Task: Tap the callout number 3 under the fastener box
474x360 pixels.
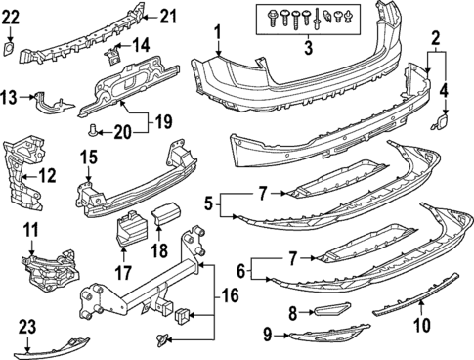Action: click(x=310, y=48)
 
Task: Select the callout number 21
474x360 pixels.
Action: click(x=168, y=15)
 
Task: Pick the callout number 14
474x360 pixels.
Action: click(x=141, y=44)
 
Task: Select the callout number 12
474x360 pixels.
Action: click(x=47, y=176)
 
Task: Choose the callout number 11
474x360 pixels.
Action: click(x=30, y=231)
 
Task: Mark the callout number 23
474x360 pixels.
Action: click(x=25, y=328)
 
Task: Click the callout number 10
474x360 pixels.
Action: click(x=422, y=324)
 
